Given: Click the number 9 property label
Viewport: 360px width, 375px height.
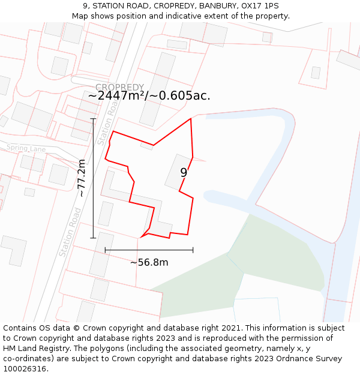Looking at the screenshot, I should [184, 173].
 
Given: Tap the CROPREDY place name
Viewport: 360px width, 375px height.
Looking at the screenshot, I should [119, 88].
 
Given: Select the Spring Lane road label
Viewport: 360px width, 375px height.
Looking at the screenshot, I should [26, 148].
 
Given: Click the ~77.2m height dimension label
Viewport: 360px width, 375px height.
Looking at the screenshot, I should [82, 178].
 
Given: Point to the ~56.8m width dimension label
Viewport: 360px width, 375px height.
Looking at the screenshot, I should [149, 262].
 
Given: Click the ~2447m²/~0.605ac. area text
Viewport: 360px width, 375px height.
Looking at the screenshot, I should [149, 96].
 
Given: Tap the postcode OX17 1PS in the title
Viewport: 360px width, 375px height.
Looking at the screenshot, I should [260, 6].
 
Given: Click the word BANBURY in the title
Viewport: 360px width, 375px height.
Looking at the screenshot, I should [218, 6].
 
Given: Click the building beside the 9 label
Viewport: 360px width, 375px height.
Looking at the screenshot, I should [175, 172].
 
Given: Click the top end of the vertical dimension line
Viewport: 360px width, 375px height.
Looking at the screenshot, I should [93, 119].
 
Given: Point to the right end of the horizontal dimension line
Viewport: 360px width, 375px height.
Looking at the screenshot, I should [193, 250].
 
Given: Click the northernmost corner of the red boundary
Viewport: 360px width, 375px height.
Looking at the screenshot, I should [191, 119].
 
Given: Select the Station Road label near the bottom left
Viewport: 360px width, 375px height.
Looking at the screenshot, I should [70, 233].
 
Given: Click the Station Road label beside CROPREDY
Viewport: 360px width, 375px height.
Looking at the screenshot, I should [107, 123].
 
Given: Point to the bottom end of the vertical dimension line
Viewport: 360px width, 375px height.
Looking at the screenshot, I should [93, 238].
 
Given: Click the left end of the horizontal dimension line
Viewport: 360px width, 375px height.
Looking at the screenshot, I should [105, 250].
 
